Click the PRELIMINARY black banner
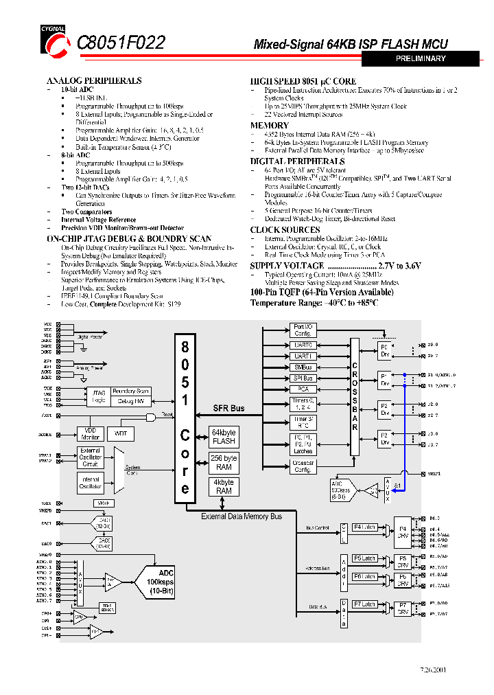coord(421,59)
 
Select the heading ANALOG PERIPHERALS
coord(94,80)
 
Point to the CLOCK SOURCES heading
coord(285,229)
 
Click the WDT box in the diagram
coord(120,433)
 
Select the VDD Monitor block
coord(91,433)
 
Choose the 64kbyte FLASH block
coord(224,437)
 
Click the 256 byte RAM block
coord(224,463)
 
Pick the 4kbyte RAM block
coord(224,487)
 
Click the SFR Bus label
coord(228,409)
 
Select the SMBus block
coord(303,367)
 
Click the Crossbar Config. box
coord(303,466)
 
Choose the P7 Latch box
coord(365,604)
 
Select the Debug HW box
coord(130,401)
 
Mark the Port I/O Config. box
coord(303,330)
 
